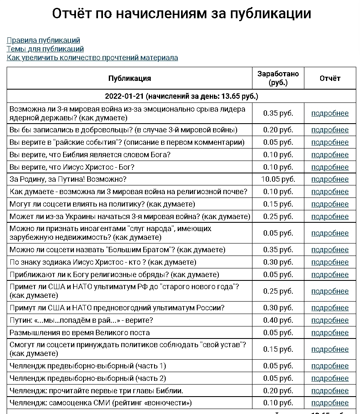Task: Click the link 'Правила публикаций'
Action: point(43,40)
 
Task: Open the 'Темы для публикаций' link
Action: point(45,49)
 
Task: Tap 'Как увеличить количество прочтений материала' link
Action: point(92,58)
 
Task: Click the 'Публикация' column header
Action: point(130,78)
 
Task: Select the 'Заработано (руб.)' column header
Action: point(278,78)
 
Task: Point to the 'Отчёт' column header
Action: point(330,78)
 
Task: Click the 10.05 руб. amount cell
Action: point(278,179)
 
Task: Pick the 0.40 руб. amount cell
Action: point(278,320)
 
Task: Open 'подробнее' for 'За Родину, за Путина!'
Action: point(330,179)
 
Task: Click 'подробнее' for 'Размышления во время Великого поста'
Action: point(330,333)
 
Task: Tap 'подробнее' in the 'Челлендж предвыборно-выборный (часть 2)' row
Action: point(330,378)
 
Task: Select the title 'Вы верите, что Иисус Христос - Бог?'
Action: point(72,167)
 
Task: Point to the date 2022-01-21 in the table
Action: point(124,97)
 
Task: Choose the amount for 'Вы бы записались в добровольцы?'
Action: point(278,130)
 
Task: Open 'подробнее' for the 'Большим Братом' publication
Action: point(330,250)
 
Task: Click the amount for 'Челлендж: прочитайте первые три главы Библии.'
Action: point(278,391)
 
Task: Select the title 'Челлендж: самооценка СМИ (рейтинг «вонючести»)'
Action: point(100,403)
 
